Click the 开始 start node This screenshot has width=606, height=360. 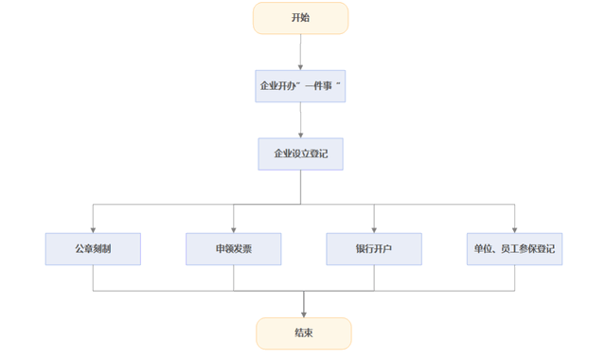pos(300,18)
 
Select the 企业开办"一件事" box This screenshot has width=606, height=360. pos(300,85)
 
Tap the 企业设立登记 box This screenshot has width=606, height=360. pos(300,153)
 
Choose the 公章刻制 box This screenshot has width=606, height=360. pos(93,248)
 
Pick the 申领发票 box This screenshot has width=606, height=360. pos(233,248)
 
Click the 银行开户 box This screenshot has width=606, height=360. pos(374,248)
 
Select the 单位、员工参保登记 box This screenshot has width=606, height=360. pos(514,248)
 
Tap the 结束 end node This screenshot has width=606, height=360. pos(303,333)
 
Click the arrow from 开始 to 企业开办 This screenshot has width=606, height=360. pos(300,51)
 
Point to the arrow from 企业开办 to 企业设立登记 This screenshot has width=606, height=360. pos(300,119)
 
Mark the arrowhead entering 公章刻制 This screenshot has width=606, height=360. pos(93,228)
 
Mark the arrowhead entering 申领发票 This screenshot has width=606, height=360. pos(233,228)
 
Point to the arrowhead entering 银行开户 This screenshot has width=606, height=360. pos(374,228)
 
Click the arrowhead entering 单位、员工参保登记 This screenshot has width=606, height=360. pos(514,228)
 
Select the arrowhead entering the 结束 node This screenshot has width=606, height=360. pos(303,314)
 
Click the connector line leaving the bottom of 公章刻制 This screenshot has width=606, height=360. pos(93,278)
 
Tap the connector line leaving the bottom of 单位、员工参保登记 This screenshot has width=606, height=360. pos(514,278)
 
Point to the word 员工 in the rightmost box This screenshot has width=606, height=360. pos(509,248)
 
